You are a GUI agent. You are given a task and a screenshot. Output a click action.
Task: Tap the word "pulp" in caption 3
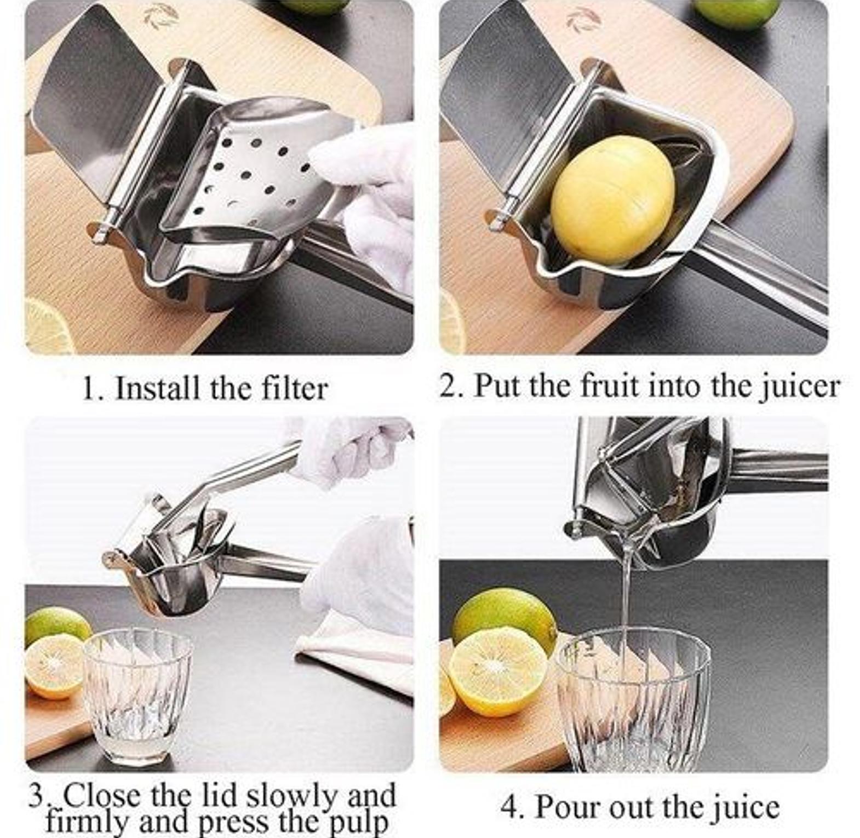point(357,822)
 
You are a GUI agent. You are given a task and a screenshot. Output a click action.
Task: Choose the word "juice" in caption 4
point(744,807)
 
